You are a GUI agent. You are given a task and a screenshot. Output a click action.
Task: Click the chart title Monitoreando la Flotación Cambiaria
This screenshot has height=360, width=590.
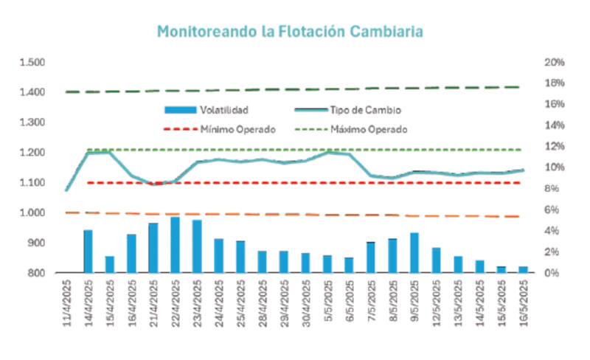[x=290, y=32]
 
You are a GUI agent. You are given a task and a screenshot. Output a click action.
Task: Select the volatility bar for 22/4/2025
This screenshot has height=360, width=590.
[x=175, y=245]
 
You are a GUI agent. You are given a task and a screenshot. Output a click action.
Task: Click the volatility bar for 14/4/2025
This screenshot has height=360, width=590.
[x=88, y=252]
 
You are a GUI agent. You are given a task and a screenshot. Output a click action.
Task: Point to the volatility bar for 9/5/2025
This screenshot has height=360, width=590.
[x=414, y=253]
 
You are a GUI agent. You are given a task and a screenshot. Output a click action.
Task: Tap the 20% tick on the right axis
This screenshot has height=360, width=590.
[x=555, y=62]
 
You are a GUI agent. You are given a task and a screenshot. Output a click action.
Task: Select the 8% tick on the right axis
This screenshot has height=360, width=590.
[x=552, y=189]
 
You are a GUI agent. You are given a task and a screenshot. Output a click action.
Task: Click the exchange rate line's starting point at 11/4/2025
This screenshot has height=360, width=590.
[x=67, y=190]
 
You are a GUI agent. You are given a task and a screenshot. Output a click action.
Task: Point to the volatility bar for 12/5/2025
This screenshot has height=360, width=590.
[x=436, y=260]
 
